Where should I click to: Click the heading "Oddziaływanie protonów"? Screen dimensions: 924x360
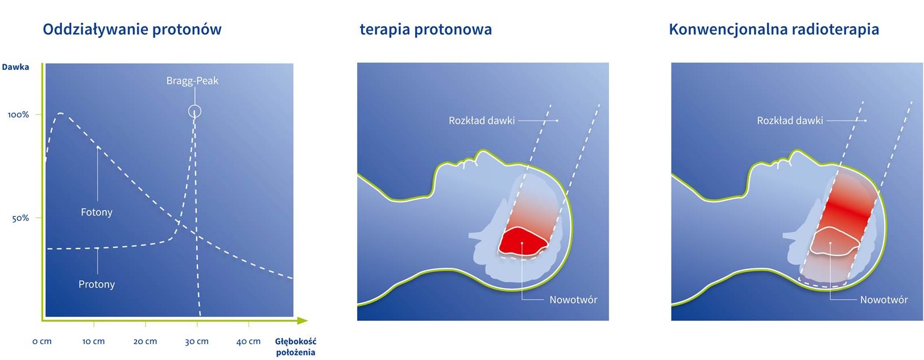coord(132,30)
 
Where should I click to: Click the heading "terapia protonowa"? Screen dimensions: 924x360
coord(426,30)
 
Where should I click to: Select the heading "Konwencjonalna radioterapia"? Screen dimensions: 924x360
coord(774,30)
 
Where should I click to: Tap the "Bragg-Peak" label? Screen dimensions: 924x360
coord(192,81)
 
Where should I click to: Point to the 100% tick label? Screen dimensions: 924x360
coord(19,115)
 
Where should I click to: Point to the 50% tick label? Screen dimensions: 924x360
coord(20,218)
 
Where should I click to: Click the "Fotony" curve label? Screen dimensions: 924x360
coord(97,212)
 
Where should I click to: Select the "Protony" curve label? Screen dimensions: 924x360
coord(97,284)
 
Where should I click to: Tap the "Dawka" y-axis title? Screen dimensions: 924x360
coord(15,67)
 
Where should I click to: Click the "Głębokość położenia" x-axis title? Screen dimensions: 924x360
coord(296,347)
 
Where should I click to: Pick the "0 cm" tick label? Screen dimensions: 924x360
coord(42,341)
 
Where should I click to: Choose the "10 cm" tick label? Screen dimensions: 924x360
coord(94,341)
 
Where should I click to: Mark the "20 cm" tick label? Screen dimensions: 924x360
coord(145,341)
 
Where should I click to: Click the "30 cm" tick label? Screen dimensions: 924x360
coord(197,341)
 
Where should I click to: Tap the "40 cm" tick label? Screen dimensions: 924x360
coord(248,341)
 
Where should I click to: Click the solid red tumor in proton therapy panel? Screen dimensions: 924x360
coord(522,241)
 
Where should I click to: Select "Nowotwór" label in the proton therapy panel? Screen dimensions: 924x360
coord(573,300)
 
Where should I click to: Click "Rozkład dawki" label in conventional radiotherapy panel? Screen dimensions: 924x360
coord(790,121)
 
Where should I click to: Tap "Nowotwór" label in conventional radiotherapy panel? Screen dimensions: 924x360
coord(884,300)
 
